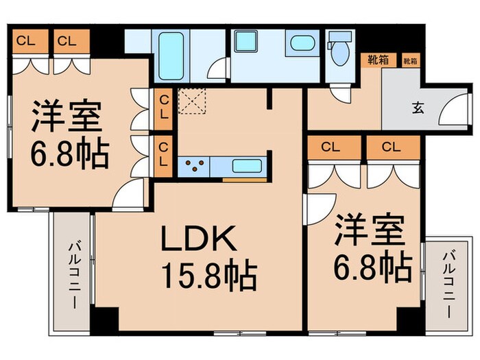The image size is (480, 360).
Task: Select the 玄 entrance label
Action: (417, 107)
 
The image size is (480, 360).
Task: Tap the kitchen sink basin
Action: (245, 166)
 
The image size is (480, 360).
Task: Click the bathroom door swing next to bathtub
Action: (219, 69)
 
